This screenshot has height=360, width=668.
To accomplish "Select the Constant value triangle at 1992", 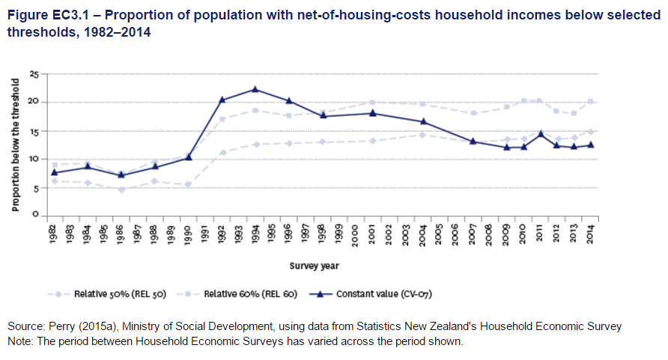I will click(222, 100).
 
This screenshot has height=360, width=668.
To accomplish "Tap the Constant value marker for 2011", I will click(540, 134).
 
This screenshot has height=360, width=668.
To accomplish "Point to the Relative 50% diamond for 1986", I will click(121, 189).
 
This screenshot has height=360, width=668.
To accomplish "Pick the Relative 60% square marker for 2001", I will click(372, 102).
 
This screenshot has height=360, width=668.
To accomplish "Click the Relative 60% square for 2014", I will click(591, 102).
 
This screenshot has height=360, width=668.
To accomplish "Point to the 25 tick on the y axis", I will click(34, 73).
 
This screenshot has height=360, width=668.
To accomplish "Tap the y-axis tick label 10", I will click(34, 159).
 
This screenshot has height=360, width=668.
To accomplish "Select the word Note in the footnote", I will click(20, 341).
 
